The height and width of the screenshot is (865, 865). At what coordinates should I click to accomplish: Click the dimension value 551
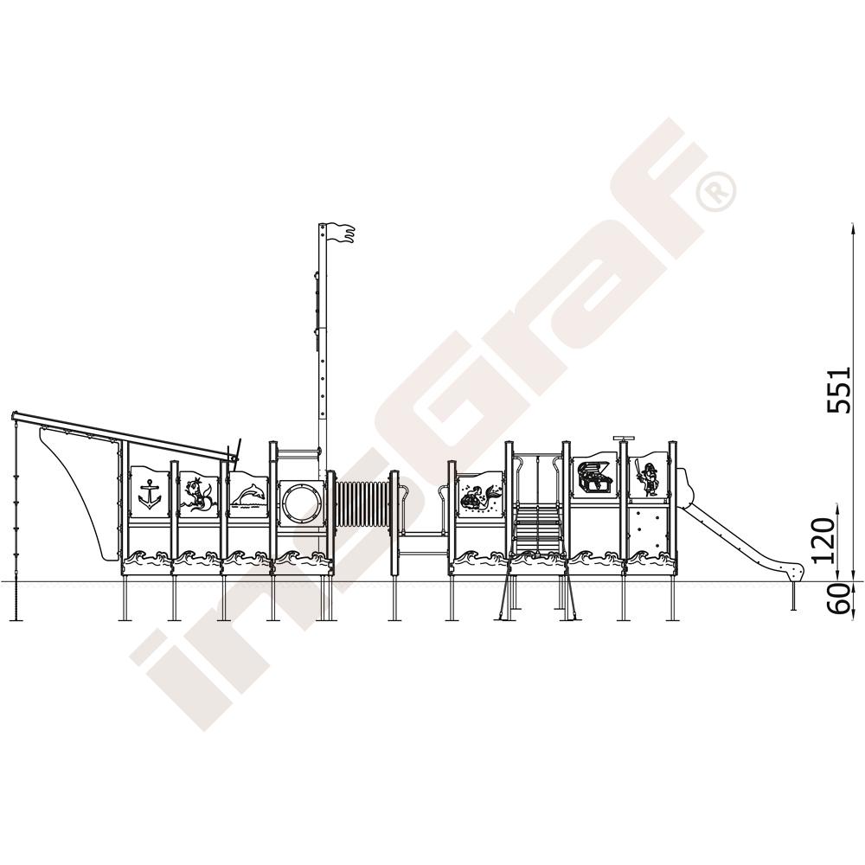click(839, 389)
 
